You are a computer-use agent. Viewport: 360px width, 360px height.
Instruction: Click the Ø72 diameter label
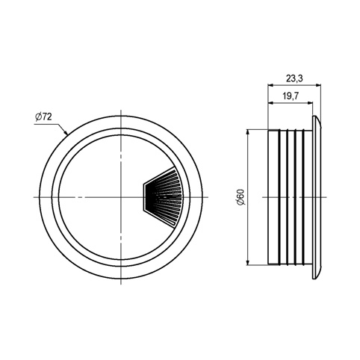pos(43,117)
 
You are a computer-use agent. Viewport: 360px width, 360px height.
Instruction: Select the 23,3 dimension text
pos(294,78)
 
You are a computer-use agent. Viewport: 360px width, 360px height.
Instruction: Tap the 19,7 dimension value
pos(291,96)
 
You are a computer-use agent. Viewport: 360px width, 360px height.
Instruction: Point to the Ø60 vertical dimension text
pos(241,197)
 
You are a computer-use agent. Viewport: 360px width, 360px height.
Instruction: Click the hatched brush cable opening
pos(163,197)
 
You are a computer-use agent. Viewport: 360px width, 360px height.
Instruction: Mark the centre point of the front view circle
pos(121,197)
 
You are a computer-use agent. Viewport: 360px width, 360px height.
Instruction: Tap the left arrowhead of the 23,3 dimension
pos(270,85)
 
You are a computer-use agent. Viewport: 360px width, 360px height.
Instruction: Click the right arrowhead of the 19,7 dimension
pos(310,102)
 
